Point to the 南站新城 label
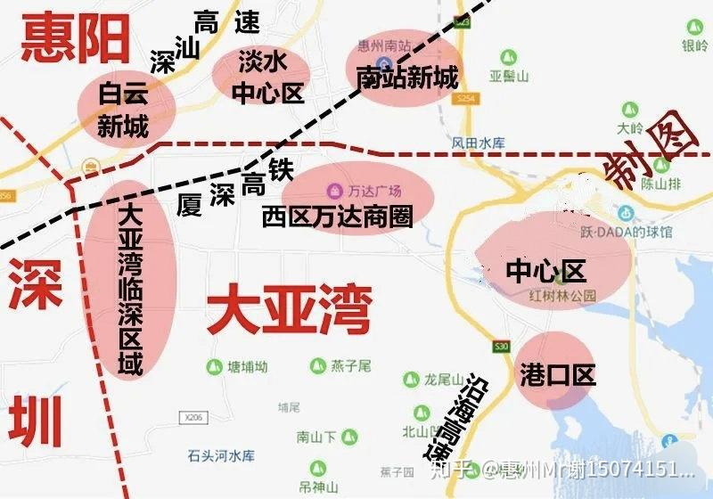pyautogui.click(x=406, y=78)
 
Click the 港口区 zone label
pyautogui.click(x=557, y=375)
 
